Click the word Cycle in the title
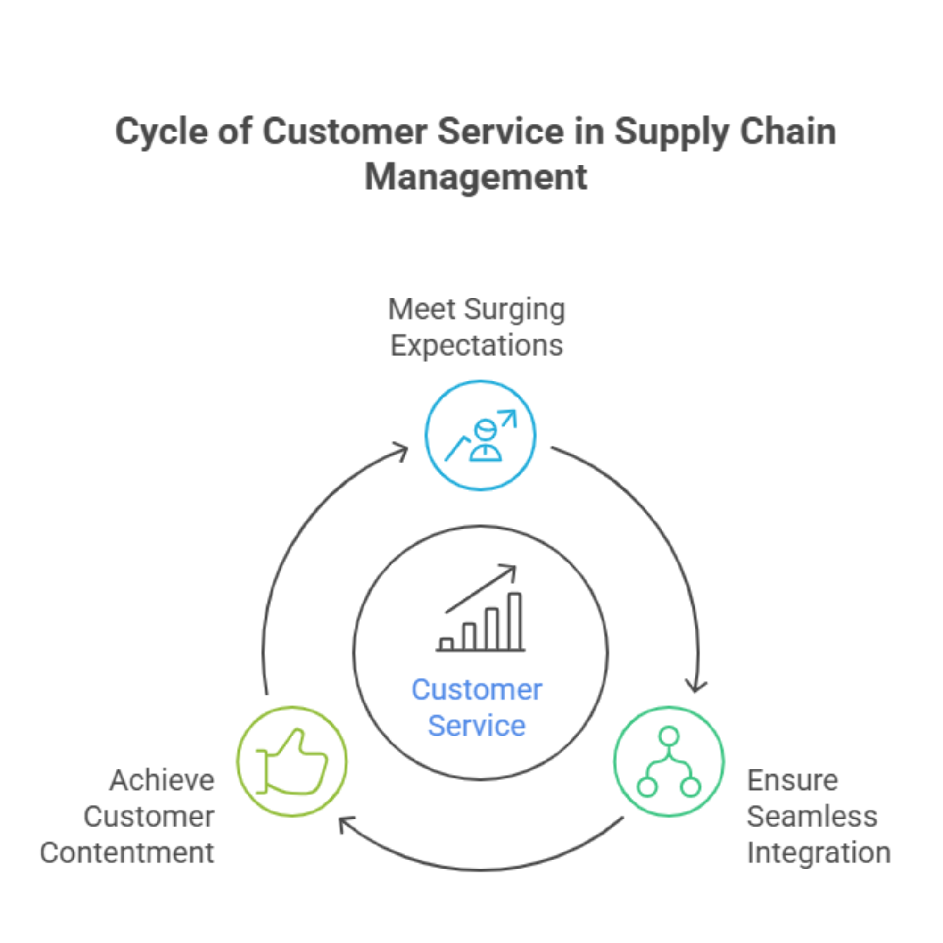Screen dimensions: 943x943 (161, 133)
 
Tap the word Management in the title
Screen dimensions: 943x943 (476, 177)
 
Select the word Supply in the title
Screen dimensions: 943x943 (670, 133)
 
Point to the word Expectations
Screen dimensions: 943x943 (476, 346)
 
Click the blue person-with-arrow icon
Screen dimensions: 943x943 (480, 435)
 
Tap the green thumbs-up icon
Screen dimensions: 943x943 (292, 761)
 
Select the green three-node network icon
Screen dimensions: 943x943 (669, 761)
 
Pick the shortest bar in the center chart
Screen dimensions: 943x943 (446, 644)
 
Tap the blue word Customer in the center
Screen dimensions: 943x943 (476, 690)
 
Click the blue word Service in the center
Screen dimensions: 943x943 (476, 726)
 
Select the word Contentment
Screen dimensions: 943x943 (127, 852)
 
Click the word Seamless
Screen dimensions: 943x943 (812, 817)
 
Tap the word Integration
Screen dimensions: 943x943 (819, 852)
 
